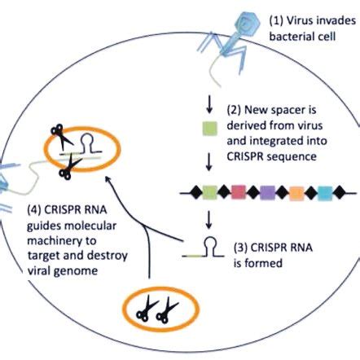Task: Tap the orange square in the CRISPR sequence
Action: (295, 192)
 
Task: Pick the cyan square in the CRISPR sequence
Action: (323, 192)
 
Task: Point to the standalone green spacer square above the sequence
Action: (209, 126)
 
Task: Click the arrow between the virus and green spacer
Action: (209, 97)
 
